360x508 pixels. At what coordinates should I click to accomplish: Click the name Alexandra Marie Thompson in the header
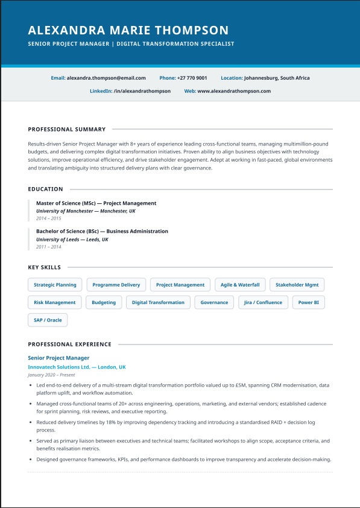tap(128, 30)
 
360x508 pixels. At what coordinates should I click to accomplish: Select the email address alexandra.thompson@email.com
tap(106, 78)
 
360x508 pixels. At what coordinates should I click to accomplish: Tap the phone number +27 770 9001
tap(192, 78)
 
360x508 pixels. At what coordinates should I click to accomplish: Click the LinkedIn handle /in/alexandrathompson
tap(142, 91)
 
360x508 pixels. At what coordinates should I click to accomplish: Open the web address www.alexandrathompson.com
tap(234, 91)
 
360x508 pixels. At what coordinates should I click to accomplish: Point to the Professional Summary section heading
tap(67, 129)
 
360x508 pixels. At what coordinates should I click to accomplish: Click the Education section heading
tap(45, 189)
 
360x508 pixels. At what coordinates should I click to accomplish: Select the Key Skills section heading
tap(45, 267)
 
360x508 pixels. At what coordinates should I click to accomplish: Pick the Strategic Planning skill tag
tap(55, 285)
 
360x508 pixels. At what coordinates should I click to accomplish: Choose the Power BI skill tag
tap(308, 302)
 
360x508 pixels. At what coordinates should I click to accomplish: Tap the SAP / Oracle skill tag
tap(48, 320)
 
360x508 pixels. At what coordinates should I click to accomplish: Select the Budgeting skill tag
tap(104, 302)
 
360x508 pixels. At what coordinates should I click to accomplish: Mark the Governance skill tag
tap(214, 302)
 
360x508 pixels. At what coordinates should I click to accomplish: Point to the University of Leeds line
tap(72, 240)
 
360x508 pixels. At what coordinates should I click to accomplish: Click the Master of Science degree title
tap(96, 203)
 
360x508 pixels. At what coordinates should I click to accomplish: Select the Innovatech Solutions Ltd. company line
tap(77, 367)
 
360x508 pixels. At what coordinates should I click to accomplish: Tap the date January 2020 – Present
tap(51, 375)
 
